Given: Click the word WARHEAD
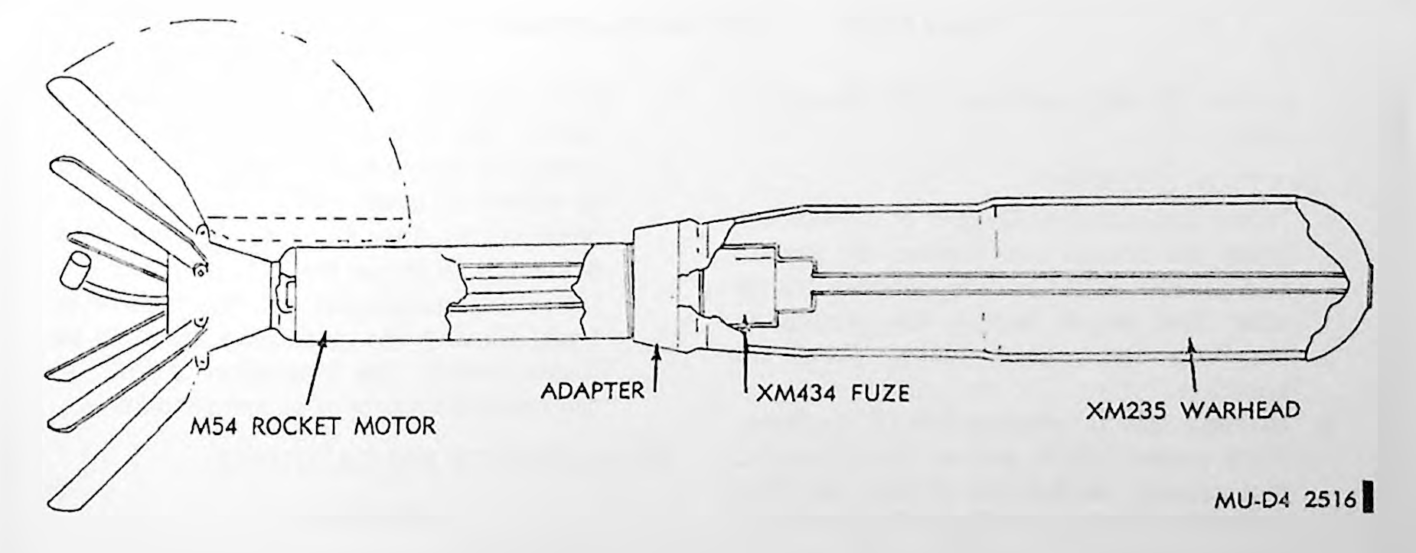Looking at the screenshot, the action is tap(1240, 411).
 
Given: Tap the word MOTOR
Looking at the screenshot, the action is tap(398, 425).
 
